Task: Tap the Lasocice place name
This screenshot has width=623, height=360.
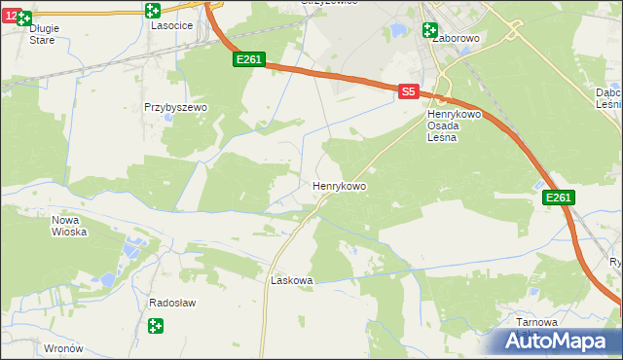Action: coord(170,27)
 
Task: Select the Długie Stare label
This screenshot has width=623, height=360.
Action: coord(44,34)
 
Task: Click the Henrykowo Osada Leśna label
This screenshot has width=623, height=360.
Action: coord(450,125)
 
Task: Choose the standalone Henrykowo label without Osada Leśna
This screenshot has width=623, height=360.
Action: coord(339,184)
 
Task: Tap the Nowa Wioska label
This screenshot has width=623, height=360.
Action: coord(69,226)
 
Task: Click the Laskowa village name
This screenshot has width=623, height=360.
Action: coord(291,280)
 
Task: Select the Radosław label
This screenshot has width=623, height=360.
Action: coord(172,303)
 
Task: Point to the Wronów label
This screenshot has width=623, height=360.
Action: coord(64,347)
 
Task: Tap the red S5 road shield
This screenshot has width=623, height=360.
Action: coord(409,90)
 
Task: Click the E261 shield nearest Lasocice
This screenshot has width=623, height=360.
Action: coord(248,60)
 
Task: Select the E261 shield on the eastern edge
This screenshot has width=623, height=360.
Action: coord(558,198)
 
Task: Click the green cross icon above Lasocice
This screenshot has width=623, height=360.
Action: coord(152,11)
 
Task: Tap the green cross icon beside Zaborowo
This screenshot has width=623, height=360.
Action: coord(430,29)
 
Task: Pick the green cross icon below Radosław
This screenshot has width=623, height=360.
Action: coord(155,327)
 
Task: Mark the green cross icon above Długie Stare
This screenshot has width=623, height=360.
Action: coord(24,18)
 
